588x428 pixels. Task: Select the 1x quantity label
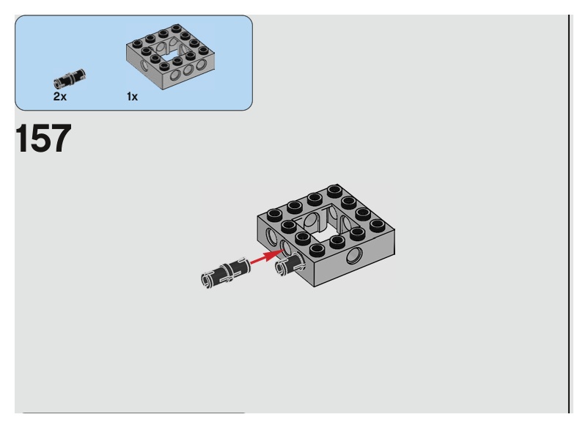coord(132,97)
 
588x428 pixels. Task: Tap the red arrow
coord(266,257)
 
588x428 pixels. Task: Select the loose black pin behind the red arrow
coord(224,270)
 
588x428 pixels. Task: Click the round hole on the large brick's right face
coord(356,257)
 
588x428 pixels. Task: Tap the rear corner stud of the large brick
coord(334,191)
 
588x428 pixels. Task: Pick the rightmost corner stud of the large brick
coord(378,224)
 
